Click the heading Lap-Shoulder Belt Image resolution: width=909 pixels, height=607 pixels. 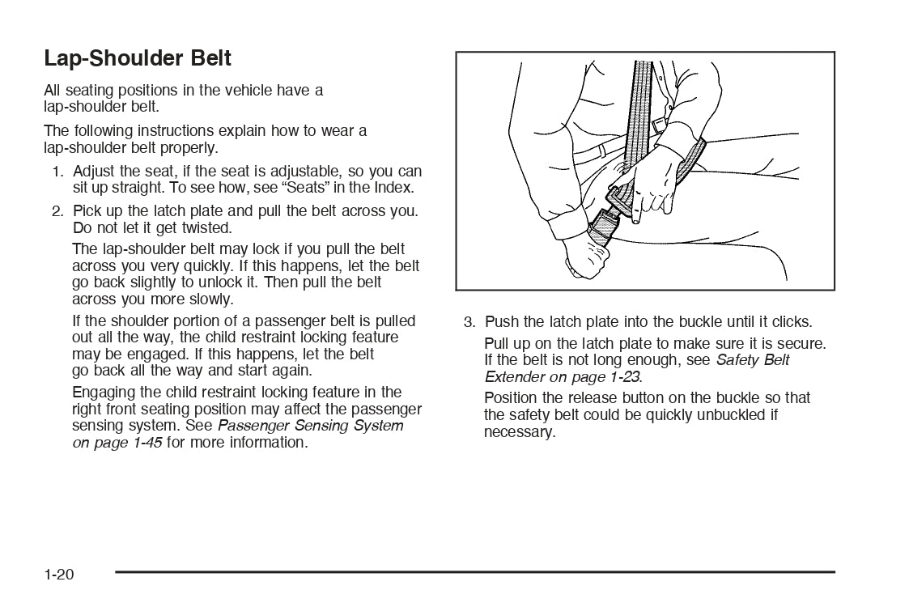(137, 59)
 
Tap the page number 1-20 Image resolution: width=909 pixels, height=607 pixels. (59, 575)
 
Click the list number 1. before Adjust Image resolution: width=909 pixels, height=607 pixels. (57, 172)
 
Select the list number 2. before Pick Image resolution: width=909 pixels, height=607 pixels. (57, 211)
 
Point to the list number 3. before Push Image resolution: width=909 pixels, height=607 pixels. (469, 322)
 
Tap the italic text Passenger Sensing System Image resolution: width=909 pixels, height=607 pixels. (311, 426)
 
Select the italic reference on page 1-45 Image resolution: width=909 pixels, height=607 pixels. (116, 443)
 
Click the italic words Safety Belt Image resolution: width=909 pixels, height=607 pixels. (753, 359)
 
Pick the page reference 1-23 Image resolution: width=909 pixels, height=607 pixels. (622, 376)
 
